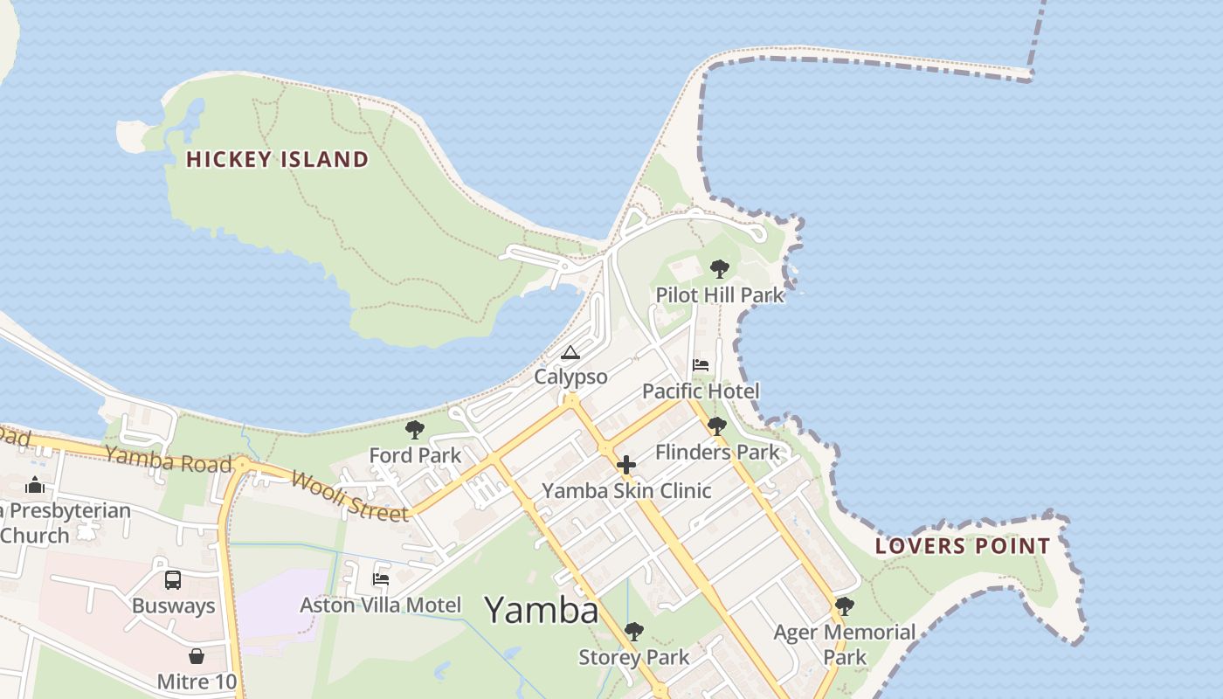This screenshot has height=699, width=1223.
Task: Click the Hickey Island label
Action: click(278, 159)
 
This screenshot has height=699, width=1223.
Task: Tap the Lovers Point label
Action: click(963, 546)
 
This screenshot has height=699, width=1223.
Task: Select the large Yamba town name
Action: click(542, 609)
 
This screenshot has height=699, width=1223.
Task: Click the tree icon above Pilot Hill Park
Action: click(719, 268)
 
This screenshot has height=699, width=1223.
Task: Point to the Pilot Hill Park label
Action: click(720, 295)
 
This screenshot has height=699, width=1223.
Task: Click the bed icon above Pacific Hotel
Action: click(701, 364)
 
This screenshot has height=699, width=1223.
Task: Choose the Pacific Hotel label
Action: click(701, 391)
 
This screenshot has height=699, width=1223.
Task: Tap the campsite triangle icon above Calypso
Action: click(570, 353)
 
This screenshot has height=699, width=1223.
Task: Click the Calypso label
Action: click(570, 377)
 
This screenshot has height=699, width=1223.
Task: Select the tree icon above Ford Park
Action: click(415, 429)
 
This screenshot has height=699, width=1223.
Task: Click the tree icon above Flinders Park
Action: click(716, 426)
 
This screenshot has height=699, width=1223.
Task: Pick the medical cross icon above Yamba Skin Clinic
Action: click(626, 465)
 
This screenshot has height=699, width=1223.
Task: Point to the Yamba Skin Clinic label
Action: click(626, 490)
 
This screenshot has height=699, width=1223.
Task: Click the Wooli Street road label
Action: click(349, 495)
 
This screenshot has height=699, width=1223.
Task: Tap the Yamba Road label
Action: click(169, 459)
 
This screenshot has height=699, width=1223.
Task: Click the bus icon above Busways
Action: click(173, 579)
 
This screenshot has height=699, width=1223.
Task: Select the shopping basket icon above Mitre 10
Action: click(197, 655)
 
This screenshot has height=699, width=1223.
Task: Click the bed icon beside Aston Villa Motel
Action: click(381, 578)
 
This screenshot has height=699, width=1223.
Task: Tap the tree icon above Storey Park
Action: click(634, 631)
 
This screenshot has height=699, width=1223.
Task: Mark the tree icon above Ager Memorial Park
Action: click(844, 606)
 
